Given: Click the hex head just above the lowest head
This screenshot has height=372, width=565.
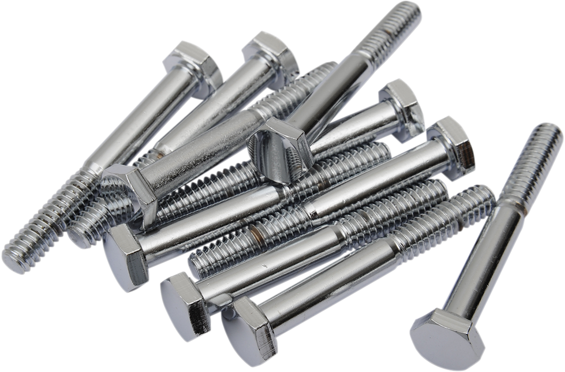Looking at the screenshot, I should [x=181, y=300].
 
